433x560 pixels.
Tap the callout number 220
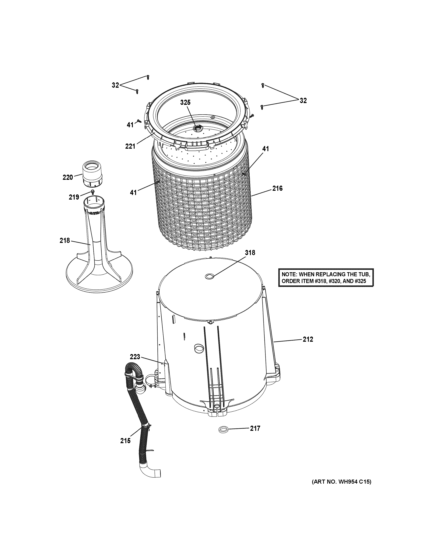pos(68,177)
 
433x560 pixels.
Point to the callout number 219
pos(74,197)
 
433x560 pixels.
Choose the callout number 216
pos(277,188)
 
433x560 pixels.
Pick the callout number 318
pos(250,253)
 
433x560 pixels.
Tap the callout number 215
pos(125,441)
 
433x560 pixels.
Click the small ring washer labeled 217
pos(223,430)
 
